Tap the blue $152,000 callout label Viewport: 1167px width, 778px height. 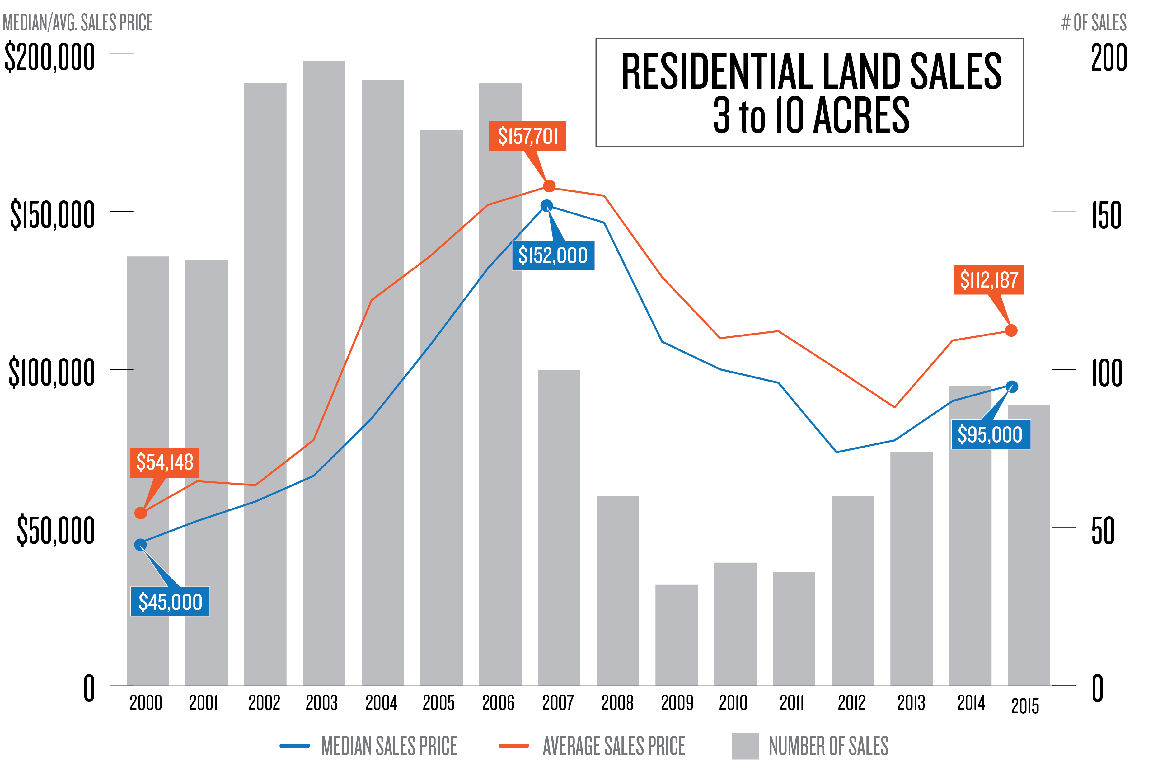pyautogui.click(x=553, y=255)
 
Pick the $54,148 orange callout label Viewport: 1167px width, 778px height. pyautogui.click(x=165, y=462)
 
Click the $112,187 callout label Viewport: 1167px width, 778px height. pyautogui.click(x=989, y=280)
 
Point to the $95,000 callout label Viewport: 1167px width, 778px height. pyautogui.click(x=990, y=435)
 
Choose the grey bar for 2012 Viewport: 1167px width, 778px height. pyautogui.click(x=852, y=590)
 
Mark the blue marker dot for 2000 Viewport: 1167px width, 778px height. pyautogui.click(x=140, y=545)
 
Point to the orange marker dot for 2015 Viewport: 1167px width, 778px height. pyautogui.click(x=1011, y=330)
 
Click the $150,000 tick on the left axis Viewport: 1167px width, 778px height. pyautogui.click(x=52, y=215)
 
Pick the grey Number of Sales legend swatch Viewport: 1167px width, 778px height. pyautogui.click(x=745, y=746)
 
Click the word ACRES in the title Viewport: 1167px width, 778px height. pyautogui.click(x=861, y=116)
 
